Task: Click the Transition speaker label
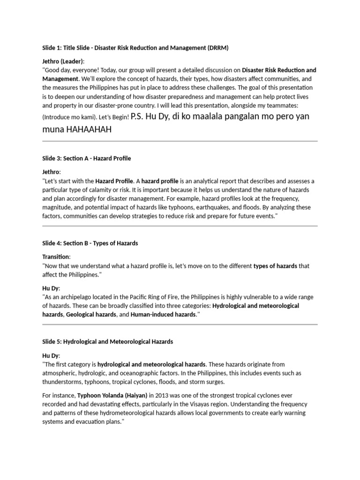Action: (x=56, y=256)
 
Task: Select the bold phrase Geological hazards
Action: (x=91, y=315)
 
